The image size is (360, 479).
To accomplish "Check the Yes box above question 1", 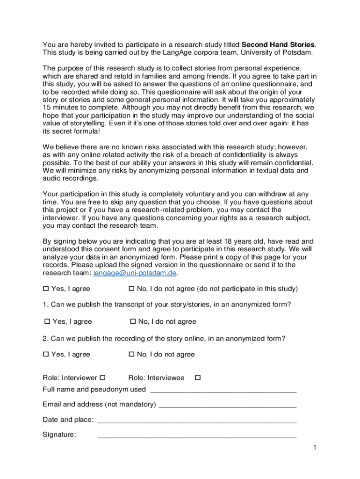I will point(46,289).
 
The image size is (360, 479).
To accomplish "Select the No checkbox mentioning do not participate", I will point(131,289).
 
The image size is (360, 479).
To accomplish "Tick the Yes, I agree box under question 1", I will point(47,321).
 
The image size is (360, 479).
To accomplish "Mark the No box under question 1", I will point(133,321).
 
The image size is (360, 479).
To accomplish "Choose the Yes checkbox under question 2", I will point(46,354).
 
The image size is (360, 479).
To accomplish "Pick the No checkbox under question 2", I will point(131,354).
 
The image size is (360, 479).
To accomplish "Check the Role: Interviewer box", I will point(103,377).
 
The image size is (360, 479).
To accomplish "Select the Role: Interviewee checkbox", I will point(197,377).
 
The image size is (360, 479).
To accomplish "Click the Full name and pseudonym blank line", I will point(223,390).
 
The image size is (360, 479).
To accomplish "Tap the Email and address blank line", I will point(228,405).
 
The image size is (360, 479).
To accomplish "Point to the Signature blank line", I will point(196,435).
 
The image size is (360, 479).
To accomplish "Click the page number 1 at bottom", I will point(315,448).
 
